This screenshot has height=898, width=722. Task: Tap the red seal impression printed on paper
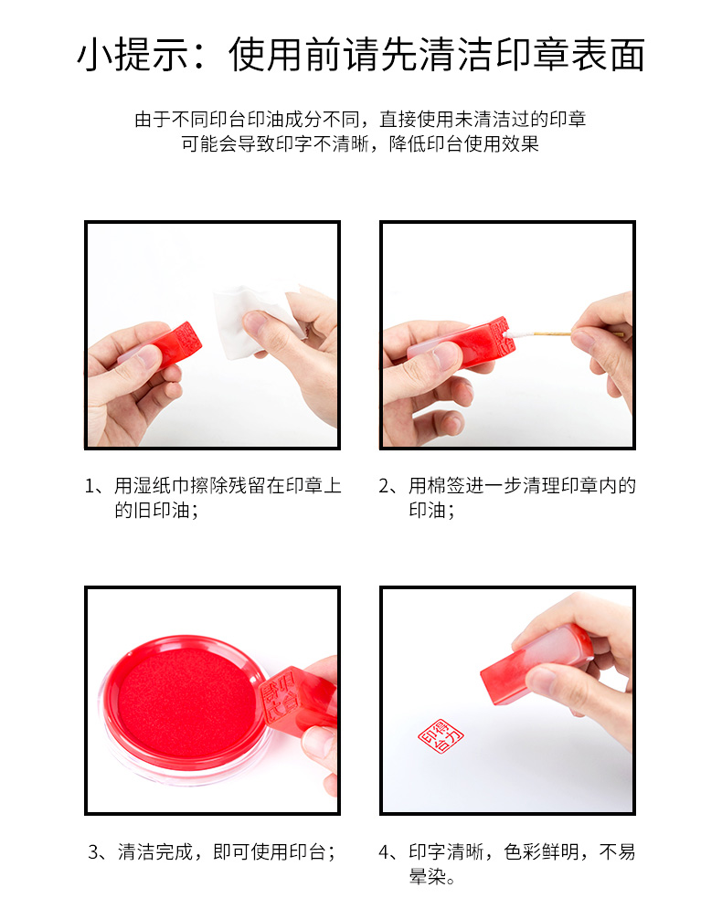441,736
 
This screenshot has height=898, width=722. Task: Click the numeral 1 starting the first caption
90,486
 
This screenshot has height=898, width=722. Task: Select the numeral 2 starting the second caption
385,486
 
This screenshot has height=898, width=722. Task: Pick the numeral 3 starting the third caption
94,852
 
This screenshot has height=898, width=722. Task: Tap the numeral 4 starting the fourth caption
385,852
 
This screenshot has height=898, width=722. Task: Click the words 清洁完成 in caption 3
155,851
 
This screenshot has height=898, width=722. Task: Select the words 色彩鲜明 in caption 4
541,851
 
